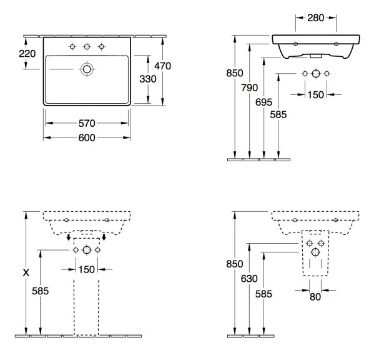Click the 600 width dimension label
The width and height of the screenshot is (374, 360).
point(87,137)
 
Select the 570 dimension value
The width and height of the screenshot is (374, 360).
point(87,123)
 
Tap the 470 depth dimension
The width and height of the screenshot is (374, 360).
point(162,66)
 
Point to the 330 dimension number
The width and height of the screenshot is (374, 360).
point(148,79)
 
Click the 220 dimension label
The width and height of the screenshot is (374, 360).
point(27,54)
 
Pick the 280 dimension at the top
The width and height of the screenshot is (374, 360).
point(315,18)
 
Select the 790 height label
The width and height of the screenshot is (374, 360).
point(249,88)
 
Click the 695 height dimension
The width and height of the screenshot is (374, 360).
point(263,102)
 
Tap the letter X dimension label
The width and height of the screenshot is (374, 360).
point(26,272)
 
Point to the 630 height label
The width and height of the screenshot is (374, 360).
point(249,279)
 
